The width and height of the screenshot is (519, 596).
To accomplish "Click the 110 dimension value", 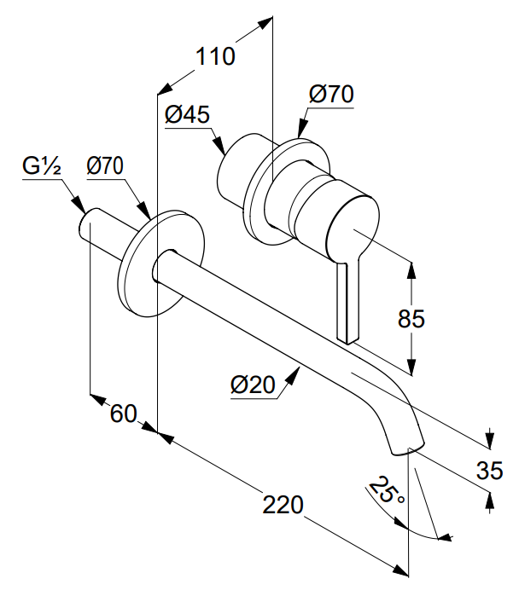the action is coord(215,56).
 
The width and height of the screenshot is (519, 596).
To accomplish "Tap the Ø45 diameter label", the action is coord(187,114).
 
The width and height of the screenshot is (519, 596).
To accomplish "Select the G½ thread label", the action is coord(42,165).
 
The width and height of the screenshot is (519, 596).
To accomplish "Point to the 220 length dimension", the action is coord(283,505).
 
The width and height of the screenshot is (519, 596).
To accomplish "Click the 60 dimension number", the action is coord(123,414).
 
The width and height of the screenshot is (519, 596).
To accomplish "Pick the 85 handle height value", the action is coord(411,319).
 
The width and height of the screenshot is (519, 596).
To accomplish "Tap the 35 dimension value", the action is coord(490,470).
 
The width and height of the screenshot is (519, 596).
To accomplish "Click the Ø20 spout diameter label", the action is coord(253,385).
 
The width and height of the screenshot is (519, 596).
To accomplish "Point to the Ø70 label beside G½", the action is coord(105,165).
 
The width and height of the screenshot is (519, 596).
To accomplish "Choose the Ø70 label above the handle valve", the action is coord(331,94).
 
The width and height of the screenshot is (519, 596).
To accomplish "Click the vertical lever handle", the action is coord(347,300).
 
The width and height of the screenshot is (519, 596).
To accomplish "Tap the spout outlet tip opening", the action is coord(408,448).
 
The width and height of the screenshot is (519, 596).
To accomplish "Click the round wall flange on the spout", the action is coord(161,263).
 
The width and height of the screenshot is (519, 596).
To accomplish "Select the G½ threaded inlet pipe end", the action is coord(88,224).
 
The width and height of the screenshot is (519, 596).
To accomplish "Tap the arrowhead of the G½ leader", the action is coord(79,205).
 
